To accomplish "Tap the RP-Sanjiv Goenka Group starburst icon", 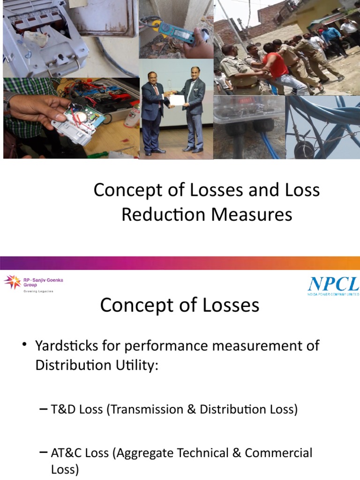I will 12,282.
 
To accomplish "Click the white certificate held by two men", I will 176,100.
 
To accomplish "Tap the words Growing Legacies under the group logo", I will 39,291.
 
